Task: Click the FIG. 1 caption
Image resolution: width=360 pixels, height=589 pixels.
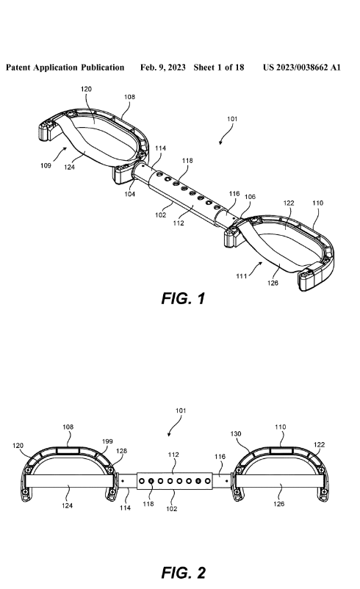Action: click(x=183, y=298)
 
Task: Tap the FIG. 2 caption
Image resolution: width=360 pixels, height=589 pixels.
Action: click(x=184, y=573)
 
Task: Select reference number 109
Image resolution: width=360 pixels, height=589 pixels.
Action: click(x=46, y=166)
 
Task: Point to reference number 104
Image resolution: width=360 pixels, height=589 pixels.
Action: click(x=129, y=194)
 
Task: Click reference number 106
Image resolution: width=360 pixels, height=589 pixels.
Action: click(x=250, y=197)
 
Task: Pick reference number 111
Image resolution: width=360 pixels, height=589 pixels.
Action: click(x=241, y=276)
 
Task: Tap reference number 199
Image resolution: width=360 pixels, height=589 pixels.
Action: click(x=107, y=441)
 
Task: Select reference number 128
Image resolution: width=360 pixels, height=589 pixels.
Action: click(x=121, y=451)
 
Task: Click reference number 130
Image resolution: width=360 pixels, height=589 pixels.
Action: click(x=236, y=434)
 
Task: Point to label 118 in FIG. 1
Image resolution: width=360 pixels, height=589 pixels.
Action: click(x=187, y=161)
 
